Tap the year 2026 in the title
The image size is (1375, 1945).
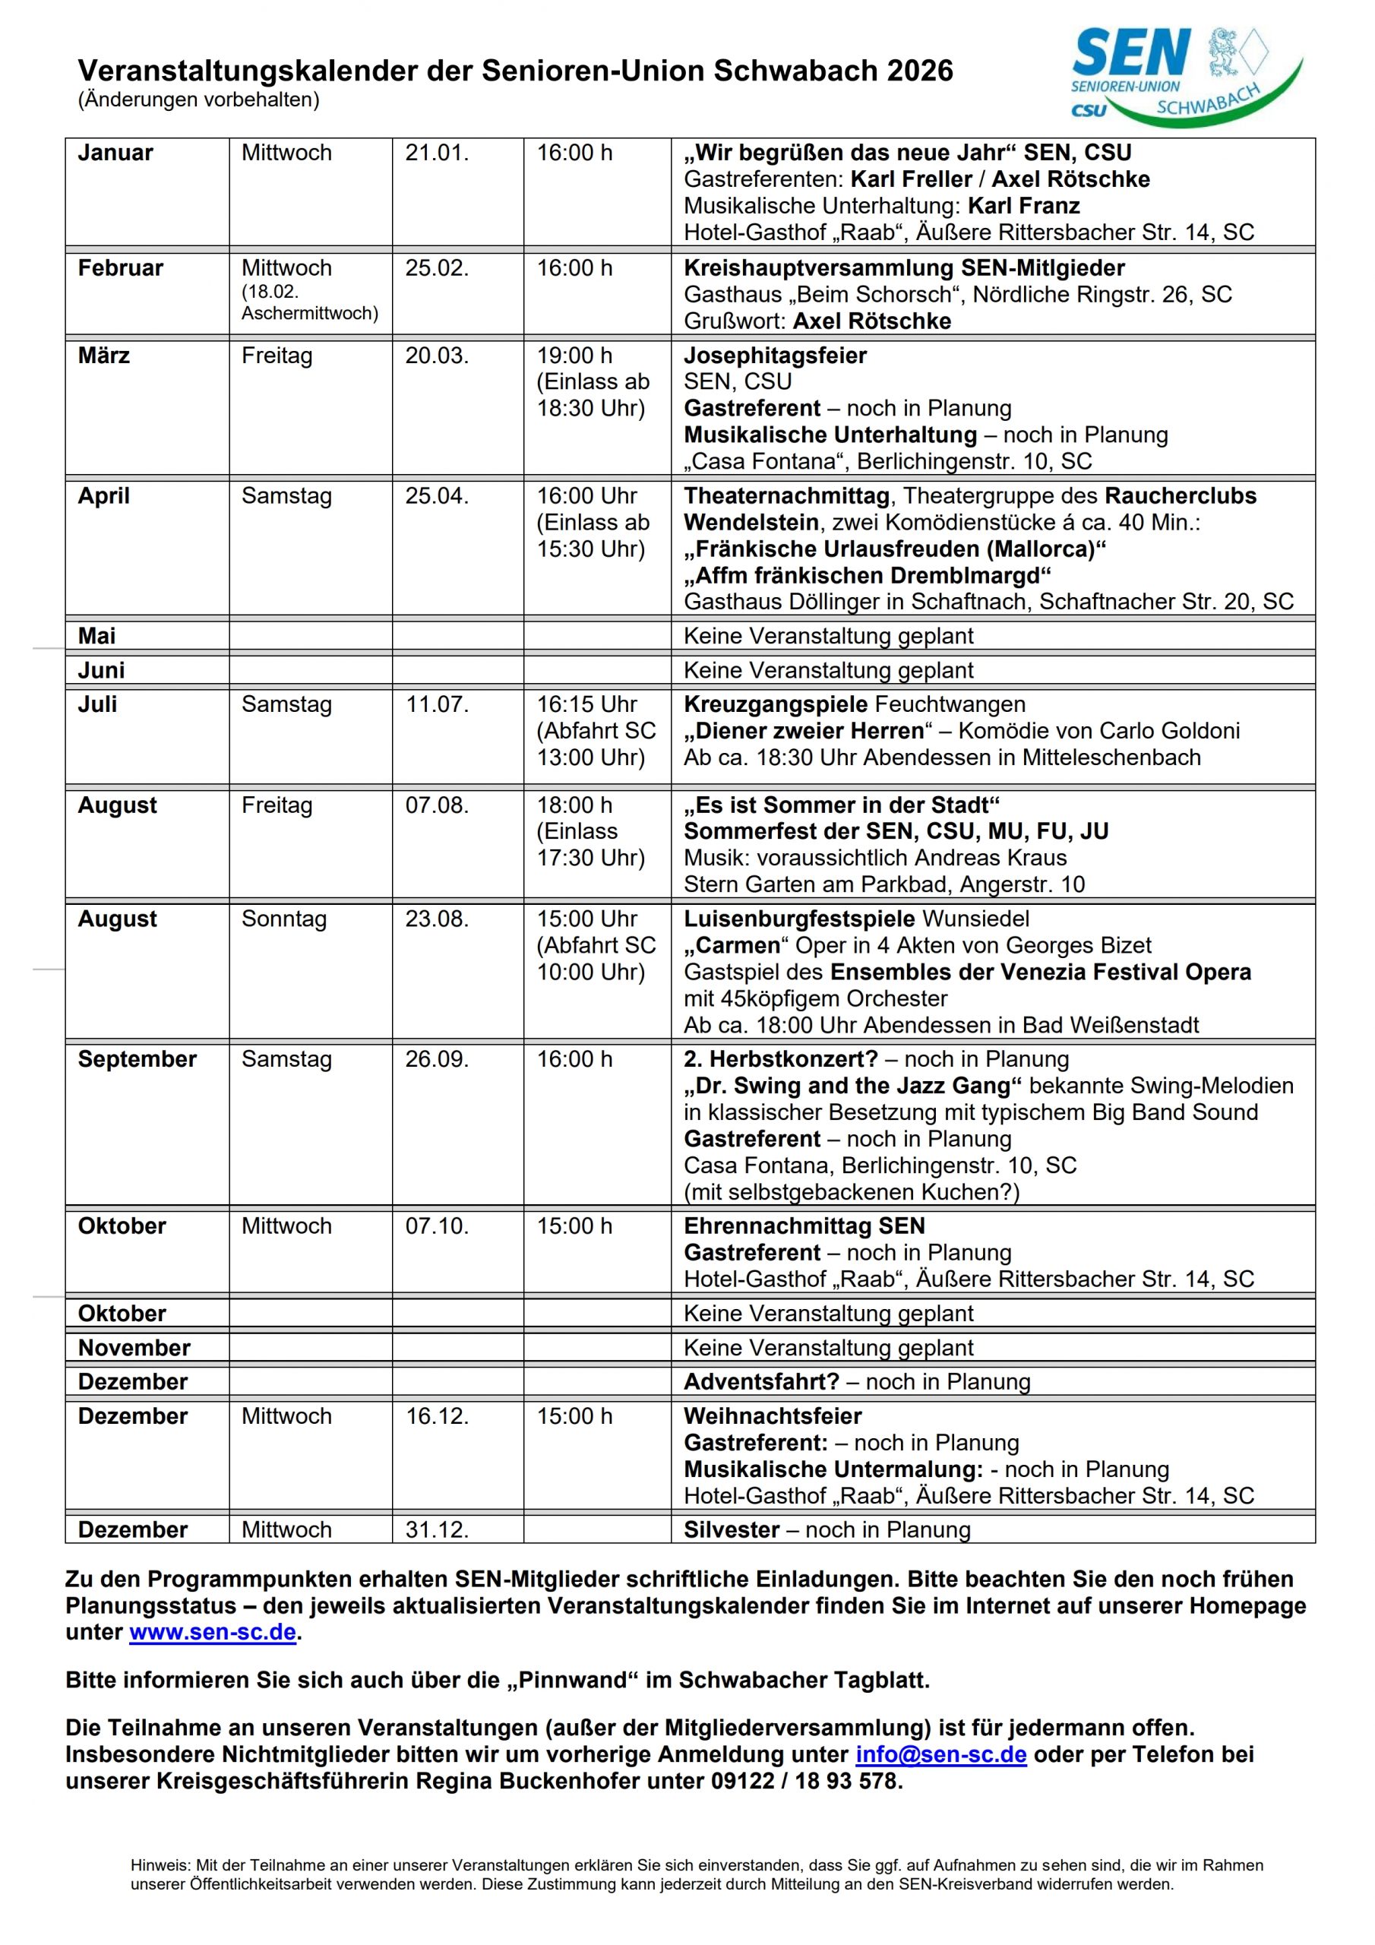click(920, 71)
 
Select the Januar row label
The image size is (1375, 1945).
click(115, 153)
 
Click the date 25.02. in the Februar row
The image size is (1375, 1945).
click(436, 268)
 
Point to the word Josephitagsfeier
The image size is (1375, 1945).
click(775, 356)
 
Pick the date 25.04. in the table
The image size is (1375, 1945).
click(436, 496)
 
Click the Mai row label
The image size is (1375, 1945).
click(96, 636)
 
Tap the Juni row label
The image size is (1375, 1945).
click(101, 671)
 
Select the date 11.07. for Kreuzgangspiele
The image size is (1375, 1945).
click(436, 705)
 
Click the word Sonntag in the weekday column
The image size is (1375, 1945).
click(284, 919)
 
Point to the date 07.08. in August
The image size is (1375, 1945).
click(436, 805)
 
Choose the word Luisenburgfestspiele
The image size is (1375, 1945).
click(799, 919)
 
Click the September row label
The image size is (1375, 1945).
click(137, 1060)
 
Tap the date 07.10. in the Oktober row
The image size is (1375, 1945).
click(436, 1226)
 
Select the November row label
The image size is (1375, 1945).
click(134, 1348)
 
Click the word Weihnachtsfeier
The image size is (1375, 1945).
click(773, 1416)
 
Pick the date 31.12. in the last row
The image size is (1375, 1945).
click(436, 1530)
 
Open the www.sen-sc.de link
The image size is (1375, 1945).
click(213, 1633)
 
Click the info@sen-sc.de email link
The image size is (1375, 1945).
click(940, 1754)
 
